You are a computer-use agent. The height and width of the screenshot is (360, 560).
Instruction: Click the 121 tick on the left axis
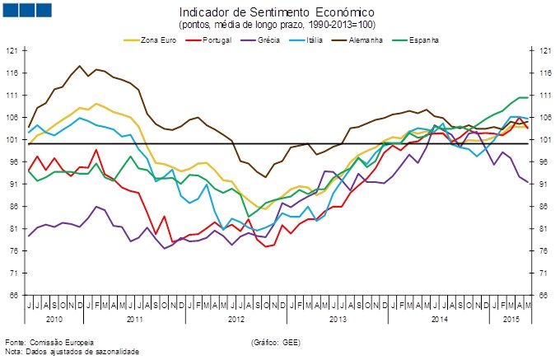tap(12, 50)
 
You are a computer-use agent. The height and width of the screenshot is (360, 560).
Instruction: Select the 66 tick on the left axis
tap(13, 295)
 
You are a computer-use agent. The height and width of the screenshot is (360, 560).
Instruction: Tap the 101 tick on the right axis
tap(544, 139)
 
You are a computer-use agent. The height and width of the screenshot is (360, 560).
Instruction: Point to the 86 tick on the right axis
tap(545, 206)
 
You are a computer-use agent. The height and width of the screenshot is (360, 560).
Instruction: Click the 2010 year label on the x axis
tap(54, 317)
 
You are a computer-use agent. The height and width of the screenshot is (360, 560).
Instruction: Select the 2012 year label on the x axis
tap(236, 317)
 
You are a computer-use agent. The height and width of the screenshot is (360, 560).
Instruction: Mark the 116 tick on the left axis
tap(12, 72)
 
